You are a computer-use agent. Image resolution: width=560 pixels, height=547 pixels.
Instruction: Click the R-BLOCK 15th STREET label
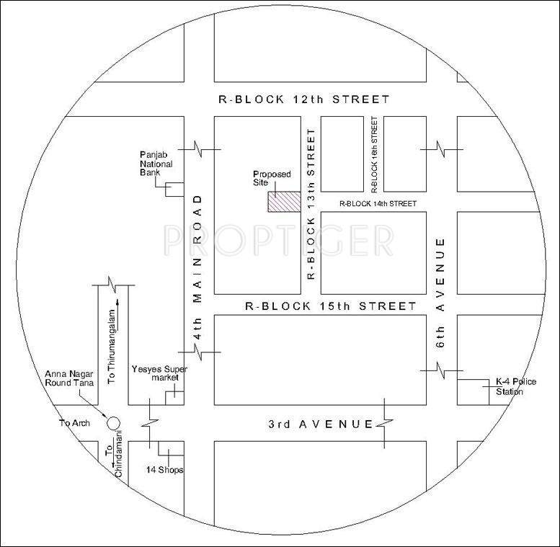[331, 306]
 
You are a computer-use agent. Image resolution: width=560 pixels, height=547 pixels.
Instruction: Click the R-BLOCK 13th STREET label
[311, 205]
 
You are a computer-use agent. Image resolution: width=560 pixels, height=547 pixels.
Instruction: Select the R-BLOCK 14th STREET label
[377, 204]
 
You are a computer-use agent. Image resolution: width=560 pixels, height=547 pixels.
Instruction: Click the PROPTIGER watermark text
[277, 238]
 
